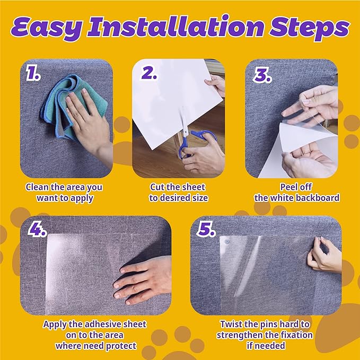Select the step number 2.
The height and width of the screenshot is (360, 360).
(148, 74)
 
